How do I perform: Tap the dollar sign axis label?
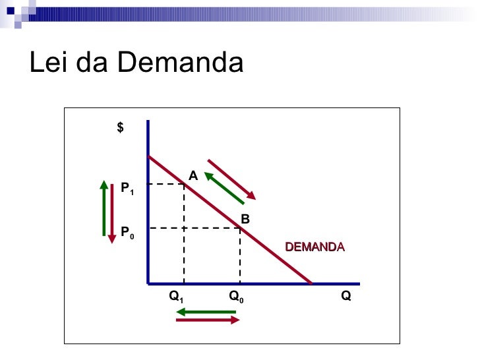[120, 128]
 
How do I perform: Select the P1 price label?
[127, 189]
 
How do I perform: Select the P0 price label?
[127, 233]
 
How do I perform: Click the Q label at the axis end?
[346, 297]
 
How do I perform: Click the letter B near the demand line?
[245, 218]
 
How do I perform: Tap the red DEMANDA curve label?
[315, 247]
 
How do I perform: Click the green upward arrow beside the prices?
[104, 208]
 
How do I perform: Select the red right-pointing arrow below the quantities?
[208, 321]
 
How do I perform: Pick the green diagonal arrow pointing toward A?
[224, 188]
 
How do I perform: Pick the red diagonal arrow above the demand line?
[231, 178]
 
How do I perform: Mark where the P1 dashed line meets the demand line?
[184, 185]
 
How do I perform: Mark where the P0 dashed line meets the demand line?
[240, 228]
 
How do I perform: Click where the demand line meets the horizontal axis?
[312, 283]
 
